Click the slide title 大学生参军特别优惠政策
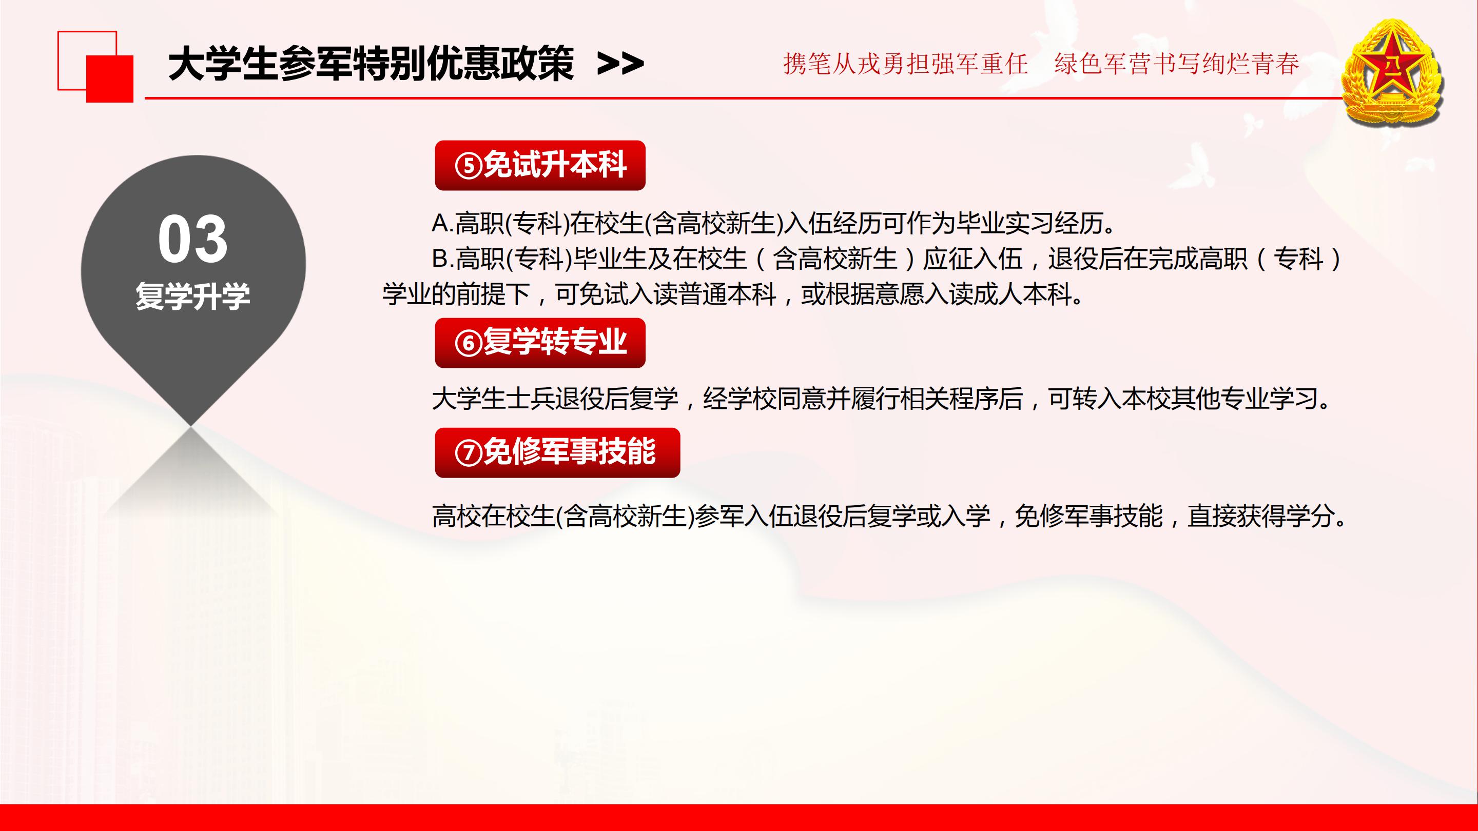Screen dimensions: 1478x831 point(371,63)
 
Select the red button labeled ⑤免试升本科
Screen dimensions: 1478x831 point(540,165)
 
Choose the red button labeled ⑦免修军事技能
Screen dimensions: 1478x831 point(557,452)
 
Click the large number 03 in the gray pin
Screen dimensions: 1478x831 point(193,240)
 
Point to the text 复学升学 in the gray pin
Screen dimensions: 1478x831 point(193,296)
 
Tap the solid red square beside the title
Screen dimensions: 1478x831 point(110,78)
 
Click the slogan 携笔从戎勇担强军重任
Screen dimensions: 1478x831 point(905,63)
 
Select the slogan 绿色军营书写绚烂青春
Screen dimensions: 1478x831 point(1177,63)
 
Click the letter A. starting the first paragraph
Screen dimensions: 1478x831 point(442,223)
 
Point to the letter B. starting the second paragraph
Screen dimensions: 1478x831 point(442,259)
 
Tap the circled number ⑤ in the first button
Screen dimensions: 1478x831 point(468,166)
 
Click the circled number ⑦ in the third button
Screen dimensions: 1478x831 point(468,453)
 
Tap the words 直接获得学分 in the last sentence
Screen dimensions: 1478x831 point(1260,516)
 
